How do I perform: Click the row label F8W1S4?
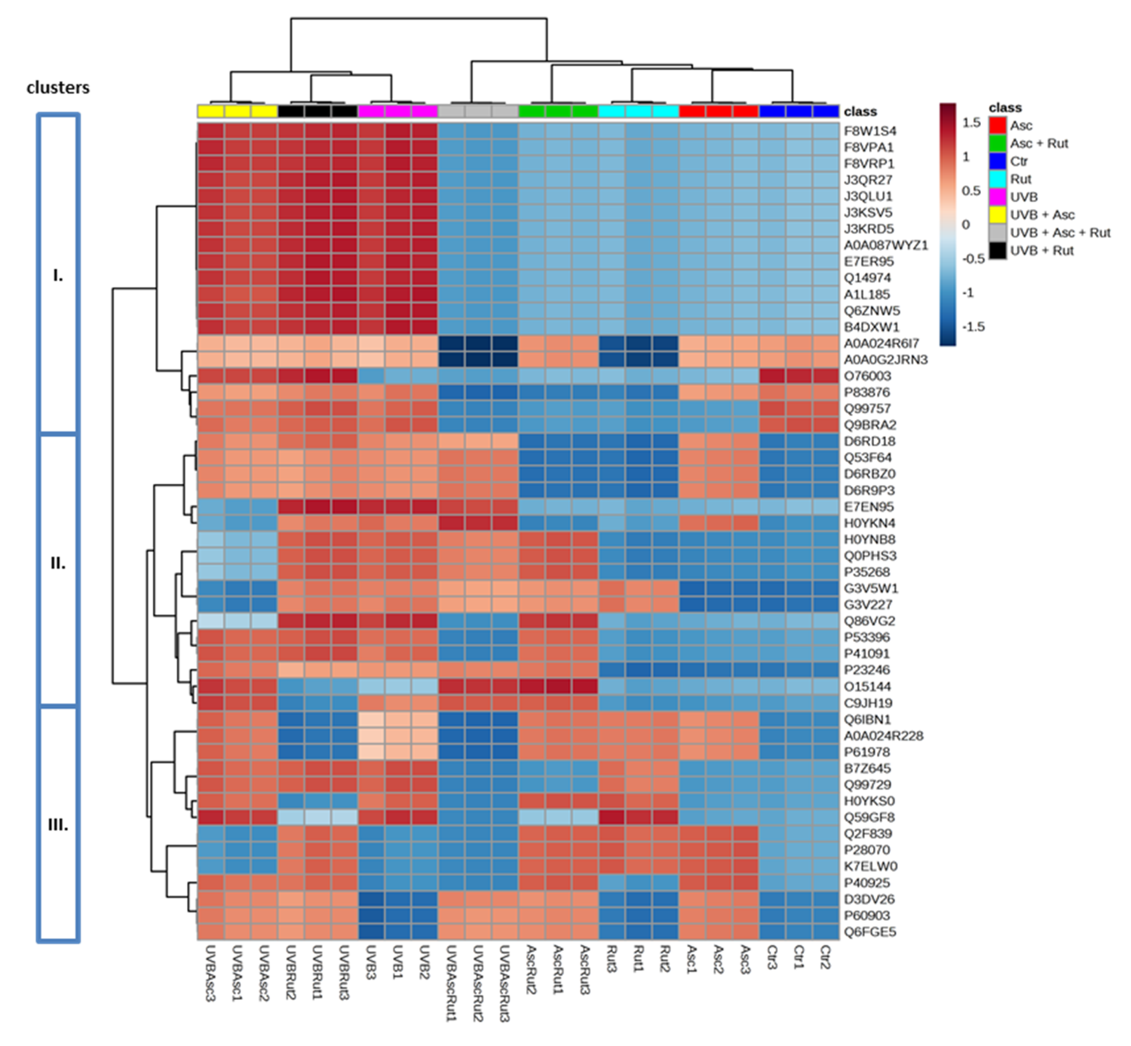click(x=870, y=131)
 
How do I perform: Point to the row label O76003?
click(x=867, y=376)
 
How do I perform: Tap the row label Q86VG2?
click(x=870, y=621)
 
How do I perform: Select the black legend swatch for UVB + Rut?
click(x=997, y=251)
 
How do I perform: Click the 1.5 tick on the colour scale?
click(x=971, y=123)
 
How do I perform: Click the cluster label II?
click(x=58, y=564)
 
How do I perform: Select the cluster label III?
click(x=58, y=825)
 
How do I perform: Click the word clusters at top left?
click(x=58, y=88)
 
